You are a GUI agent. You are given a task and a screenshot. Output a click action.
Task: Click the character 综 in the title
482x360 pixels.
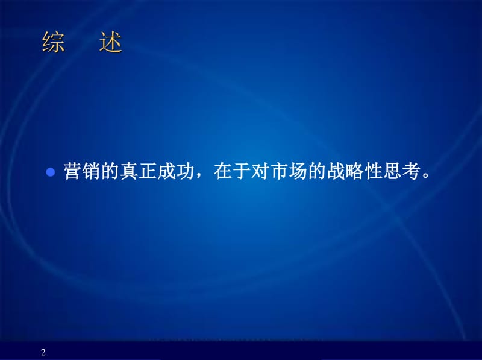coord(54,43)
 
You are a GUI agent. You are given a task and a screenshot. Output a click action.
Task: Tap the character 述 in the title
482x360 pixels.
coord(111,43)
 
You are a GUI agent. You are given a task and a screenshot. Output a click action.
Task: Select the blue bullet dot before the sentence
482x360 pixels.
coord(51,172)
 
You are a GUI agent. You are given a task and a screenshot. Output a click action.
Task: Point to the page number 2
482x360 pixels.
coord(43,352)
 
